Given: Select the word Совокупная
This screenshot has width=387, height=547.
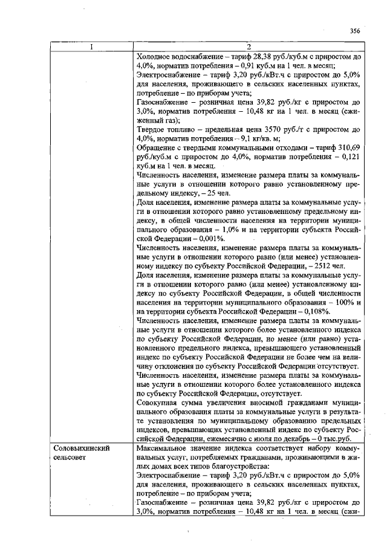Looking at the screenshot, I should [160, 402].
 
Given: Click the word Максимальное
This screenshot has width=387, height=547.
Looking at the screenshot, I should [164, 450].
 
